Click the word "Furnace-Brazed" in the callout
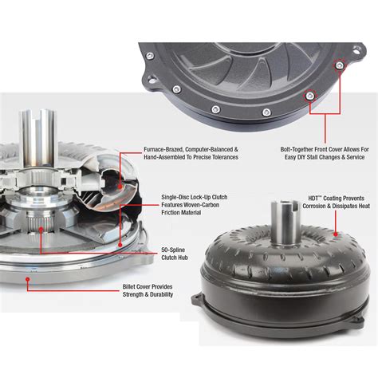pos(165,149)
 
